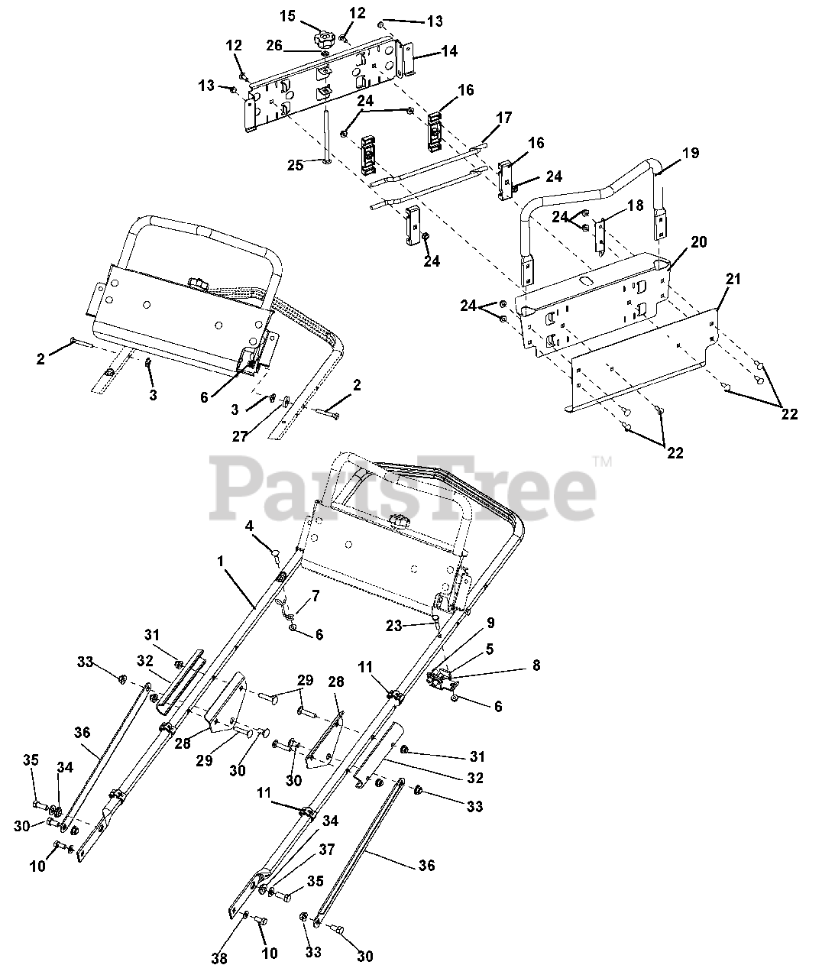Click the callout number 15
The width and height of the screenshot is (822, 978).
(x=286, y=16)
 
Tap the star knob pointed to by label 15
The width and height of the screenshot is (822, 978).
(x=325, y=37)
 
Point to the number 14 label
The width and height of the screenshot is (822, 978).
(x=450, y=52)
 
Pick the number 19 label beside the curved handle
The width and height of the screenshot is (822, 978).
(x=691, y=153)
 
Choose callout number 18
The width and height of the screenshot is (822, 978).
(x=635, y=206)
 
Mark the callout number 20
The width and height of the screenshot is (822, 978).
(x=699, y=242)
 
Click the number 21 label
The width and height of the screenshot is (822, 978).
(x=733, y=280)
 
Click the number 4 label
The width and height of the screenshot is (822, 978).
(x=249, y=526)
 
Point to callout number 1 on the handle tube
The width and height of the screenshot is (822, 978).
(x=221, y=562)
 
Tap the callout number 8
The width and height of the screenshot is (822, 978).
(x=536, y=665)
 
